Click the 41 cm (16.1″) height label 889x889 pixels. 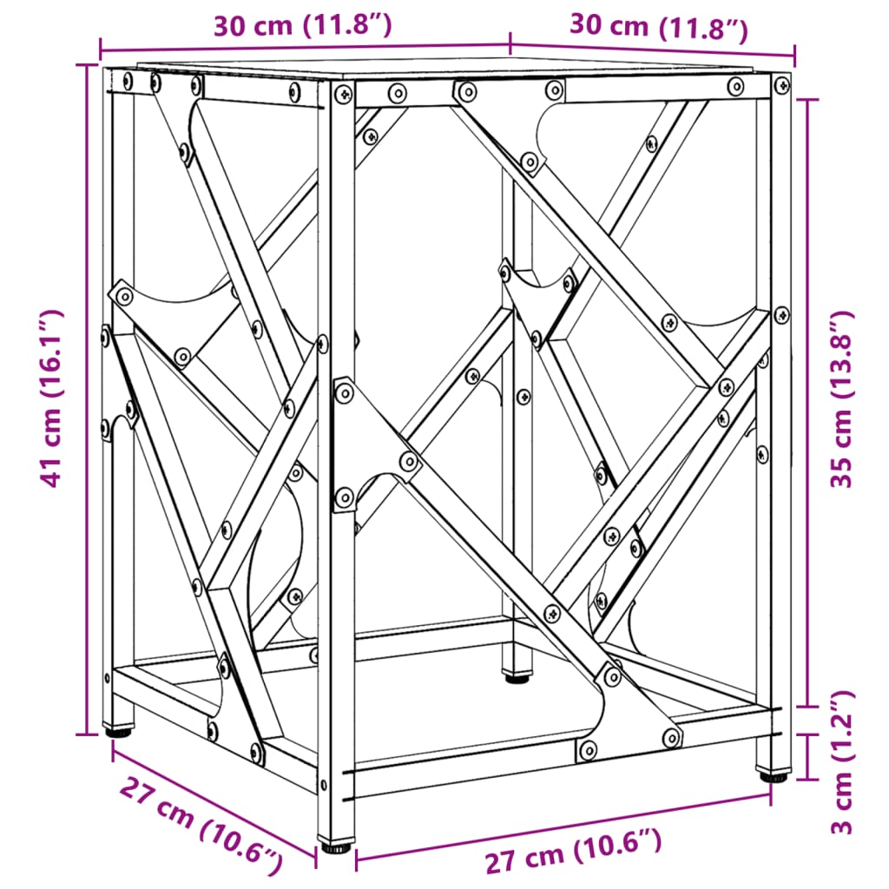[54, 398]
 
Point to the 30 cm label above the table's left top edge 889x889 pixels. [302, 26]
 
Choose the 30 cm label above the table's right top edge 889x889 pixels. [658, 27]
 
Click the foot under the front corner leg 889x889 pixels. [336, 844]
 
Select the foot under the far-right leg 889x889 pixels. [774, 774]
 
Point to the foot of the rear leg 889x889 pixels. [518, 675]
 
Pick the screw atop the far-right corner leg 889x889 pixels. [781, 85]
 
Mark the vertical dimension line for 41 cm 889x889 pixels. [88, 398]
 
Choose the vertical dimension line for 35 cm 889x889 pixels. [811, 399]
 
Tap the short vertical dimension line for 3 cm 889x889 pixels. [811, 756]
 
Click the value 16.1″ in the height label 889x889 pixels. [54, 352]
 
